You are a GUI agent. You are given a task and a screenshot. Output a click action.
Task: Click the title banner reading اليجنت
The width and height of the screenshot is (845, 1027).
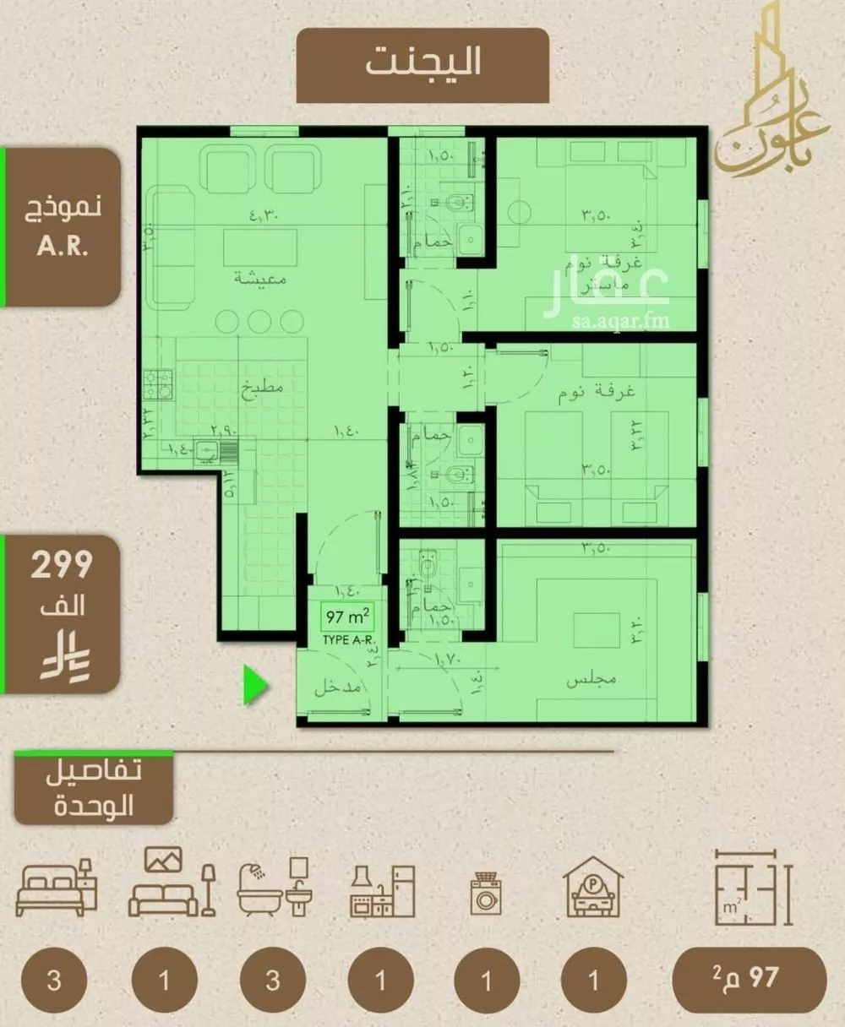pyautogui.click(x=422, y=63)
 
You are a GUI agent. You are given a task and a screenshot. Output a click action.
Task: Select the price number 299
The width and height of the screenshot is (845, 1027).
pyautogui.click(x=62, y=565)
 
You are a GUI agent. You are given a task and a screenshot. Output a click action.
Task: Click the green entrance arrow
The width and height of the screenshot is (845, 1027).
pyautogui.click(x=256, y=684)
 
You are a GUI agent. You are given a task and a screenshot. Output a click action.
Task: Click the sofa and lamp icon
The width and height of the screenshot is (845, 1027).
pyautogui.click(x=172, y=883)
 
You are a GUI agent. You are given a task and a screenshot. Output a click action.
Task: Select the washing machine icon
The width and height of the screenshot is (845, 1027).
pyautogui.click(x=486, y=894)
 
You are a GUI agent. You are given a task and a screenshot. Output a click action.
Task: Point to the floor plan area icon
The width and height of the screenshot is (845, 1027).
pyautogui.click(x=752, y=887)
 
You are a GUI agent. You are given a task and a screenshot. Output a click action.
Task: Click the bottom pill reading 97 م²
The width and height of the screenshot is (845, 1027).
pyautogui.click(x=749, y=979)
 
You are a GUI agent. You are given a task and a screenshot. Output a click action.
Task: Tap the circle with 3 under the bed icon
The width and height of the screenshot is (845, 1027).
pyautogui.click(x=55, y=981)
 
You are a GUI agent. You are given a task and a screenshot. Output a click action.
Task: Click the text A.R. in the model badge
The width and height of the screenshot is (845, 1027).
pyautogui.click(x=63, y=247)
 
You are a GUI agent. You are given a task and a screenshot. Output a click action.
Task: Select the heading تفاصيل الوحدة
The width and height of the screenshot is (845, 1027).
pyautogui.click(x=94, y=787)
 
